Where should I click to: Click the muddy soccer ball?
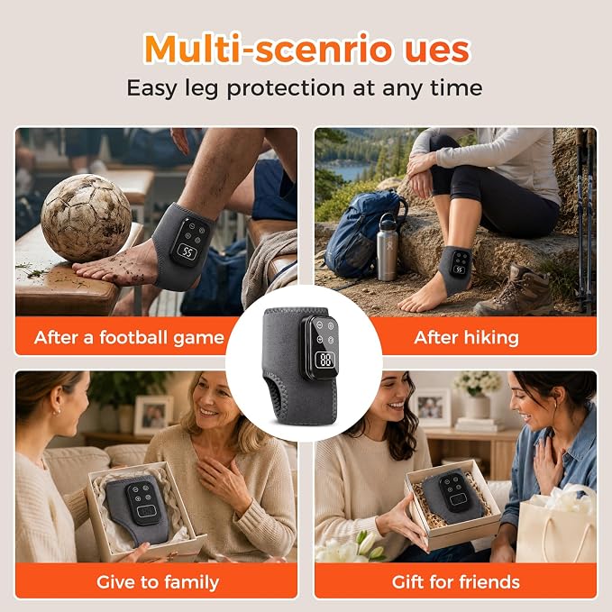tap(87, 218)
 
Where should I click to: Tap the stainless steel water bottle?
tap(387, 247)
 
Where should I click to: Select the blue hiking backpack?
tap(361, 233)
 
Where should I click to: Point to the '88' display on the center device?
tap(325, 359)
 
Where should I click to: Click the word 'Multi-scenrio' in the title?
tap(268, 49)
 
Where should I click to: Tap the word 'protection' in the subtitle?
tap(286, 88)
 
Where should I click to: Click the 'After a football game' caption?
tap(129, 338)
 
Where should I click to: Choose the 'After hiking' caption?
tap(466, 338)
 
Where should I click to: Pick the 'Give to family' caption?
tap(158, 582)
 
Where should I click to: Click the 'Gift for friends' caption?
tap(456, 582)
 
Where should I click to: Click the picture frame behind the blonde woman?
tap(154, 415)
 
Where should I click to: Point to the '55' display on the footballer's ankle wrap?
tap(187, 251)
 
